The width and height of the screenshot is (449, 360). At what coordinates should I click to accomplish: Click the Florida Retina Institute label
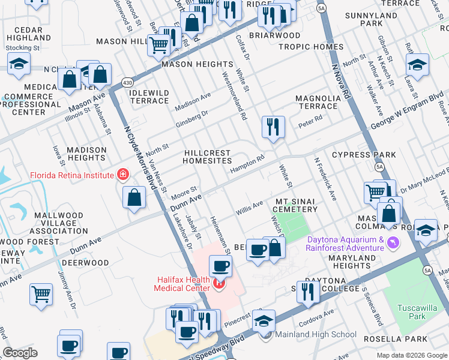(x=72, y=175)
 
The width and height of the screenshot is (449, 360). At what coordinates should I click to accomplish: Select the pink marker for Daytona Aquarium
(x=394, y=242)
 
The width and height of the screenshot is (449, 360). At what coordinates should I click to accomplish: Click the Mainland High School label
(x=316, y=335)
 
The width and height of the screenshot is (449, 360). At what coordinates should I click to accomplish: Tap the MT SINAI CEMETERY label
(x=296, y=205)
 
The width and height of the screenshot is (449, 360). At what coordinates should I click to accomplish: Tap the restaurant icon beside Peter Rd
(x=273, y=127)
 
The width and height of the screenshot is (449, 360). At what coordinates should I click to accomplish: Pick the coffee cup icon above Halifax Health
(x=220, y=265)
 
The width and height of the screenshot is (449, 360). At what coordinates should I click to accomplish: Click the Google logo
(x=20, y=352)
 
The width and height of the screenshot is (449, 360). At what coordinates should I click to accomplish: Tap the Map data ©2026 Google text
(x=411, y=355)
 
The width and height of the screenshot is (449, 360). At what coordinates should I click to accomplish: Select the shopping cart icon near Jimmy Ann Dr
(x=41, y=294)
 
